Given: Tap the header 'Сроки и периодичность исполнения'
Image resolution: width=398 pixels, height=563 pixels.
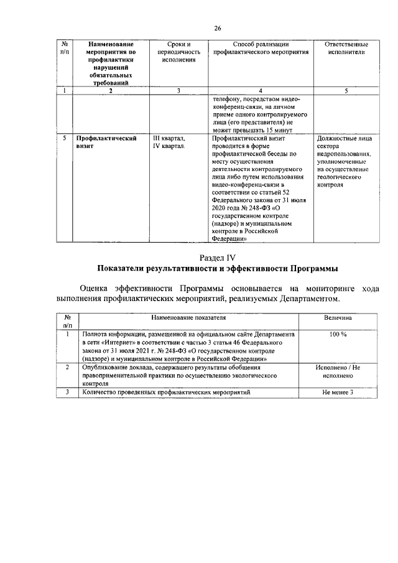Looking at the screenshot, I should [178, 53].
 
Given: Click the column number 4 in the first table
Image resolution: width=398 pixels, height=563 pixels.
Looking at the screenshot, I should [261, 91].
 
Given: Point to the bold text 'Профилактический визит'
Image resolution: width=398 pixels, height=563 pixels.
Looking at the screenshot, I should [106, 143].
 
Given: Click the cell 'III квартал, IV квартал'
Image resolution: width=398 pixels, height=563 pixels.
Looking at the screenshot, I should [169, 143].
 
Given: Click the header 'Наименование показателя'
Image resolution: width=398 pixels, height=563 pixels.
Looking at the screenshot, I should [187, 318].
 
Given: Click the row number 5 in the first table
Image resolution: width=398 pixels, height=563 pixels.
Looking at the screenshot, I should [65, 139].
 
